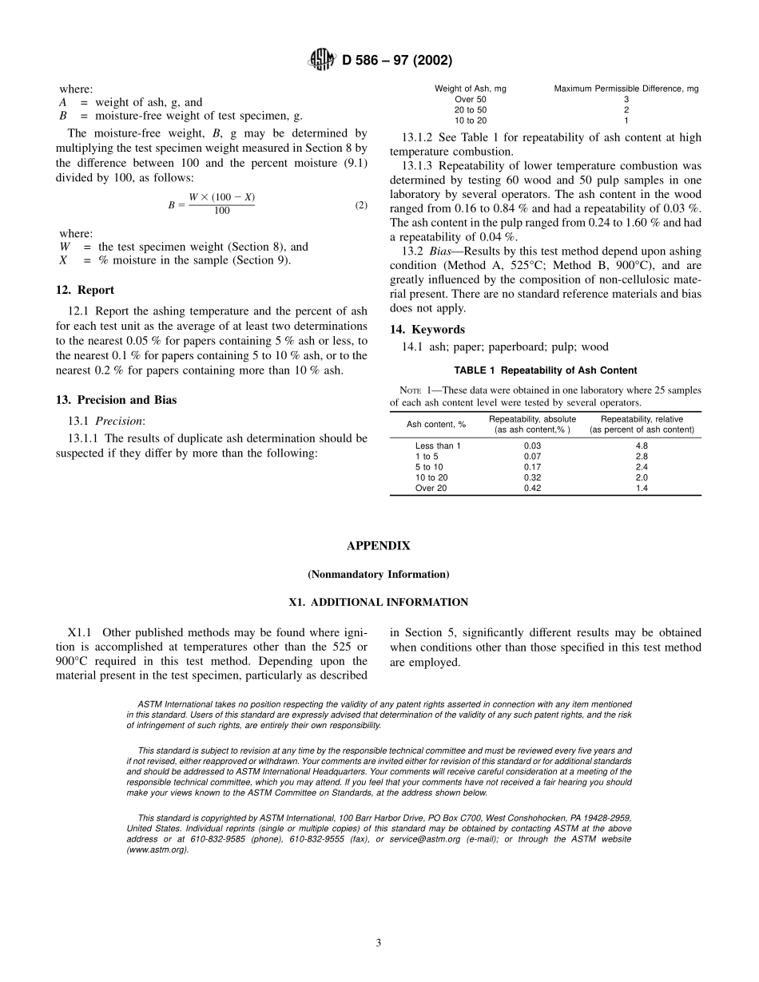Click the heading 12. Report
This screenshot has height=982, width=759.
pyautogui.click(x=85, y=291)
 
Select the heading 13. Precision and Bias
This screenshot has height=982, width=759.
pyautogui.click(x=116, y=400)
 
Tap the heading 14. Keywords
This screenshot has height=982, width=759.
pyautogui.click(x=427, y=330)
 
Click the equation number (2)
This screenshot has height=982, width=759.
pyautogui.click(x=361, y=205)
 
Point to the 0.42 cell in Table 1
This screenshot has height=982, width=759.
pyautogui.click(x=532, y=488)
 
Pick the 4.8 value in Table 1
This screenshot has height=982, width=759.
pyautogui.click(x=642, y=445)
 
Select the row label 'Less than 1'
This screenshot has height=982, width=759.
pyautogui.click(x=438, y=445)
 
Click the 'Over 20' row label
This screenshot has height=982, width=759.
pyautogui.click(x=431, y=488)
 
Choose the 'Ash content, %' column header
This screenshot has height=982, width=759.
pyautogui.click(x=436, y=425)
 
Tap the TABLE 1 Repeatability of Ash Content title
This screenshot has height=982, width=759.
pyautogui.click(x=545, y=370)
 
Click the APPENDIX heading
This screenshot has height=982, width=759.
pyautogui.click(x=379, y=546)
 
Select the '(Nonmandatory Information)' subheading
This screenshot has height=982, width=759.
pyautogui.click(x=379, y=575)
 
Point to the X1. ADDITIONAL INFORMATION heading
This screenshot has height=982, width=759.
pyautogui.click(x=379, y=602)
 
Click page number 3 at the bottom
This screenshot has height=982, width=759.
pyautogui.click(x=379, y=943)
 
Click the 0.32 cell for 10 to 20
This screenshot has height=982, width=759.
pyautogui.click(x=532, y=477)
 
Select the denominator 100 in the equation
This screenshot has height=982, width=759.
pyautogui.click(x=222, y=212)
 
